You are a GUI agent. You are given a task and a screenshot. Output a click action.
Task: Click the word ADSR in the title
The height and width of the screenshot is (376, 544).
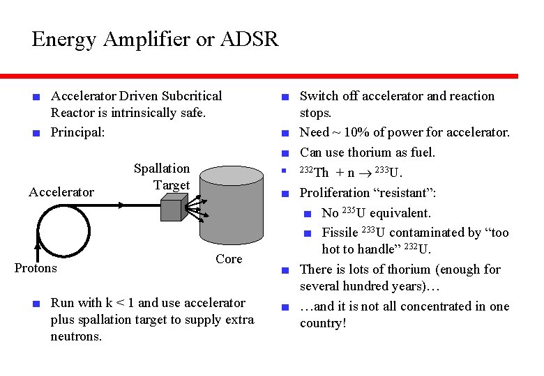coord(248,39)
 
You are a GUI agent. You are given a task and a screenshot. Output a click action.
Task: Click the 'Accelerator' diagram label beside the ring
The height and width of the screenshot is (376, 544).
coord(61,192)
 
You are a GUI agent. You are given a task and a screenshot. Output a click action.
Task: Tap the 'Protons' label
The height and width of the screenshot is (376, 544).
coord(36,268)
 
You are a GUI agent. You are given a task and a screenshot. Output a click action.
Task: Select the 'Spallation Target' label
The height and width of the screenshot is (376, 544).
coord(162,177)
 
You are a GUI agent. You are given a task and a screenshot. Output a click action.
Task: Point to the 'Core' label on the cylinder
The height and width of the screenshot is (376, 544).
coord(229,259)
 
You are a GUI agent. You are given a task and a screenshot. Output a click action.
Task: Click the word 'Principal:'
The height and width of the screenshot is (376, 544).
coord(77,132)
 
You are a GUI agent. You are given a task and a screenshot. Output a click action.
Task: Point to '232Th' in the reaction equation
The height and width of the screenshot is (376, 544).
coord(314,173)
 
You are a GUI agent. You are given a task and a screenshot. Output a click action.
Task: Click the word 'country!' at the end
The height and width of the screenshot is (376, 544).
coord(323,324)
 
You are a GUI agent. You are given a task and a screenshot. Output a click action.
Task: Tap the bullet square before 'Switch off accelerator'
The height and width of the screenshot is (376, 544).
coord(285,97)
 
